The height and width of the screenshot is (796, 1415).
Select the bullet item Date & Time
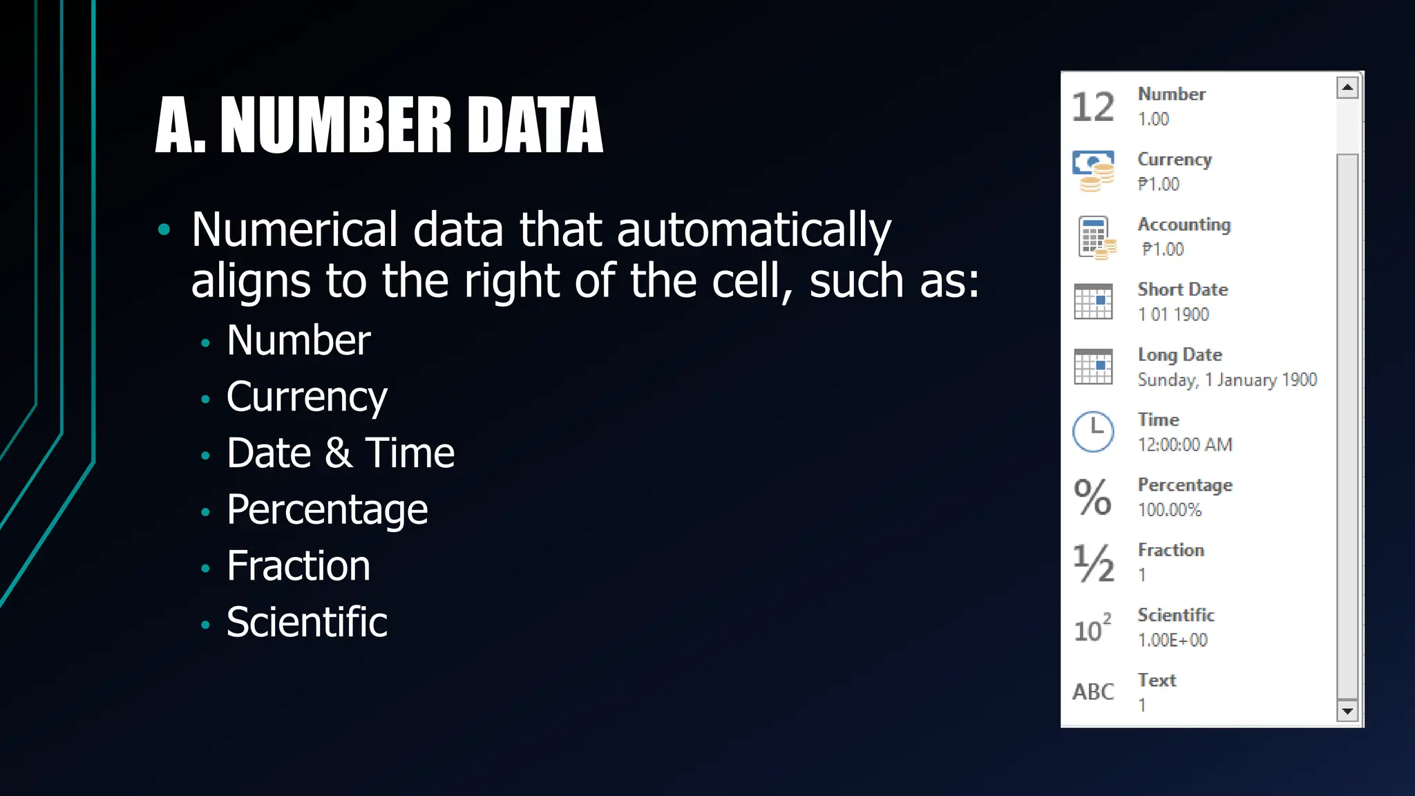[x=340, y=453]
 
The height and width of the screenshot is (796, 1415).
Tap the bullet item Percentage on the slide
[x=327, y=510]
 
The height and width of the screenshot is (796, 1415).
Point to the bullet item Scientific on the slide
[x=307, y=622]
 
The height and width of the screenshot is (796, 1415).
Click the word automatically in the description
[x=754, y=230]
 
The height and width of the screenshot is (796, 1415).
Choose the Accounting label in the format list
[x=1184, y=225]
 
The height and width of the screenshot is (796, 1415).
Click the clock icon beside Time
[x=1093, y=432]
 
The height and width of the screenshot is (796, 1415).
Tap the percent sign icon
[x=1092, y=497]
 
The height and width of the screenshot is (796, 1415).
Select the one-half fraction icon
[x=1093, y=562]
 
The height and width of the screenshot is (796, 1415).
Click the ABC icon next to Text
[x=1093, y=692]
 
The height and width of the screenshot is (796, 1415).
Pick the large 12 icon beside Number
[x=1093, y=107]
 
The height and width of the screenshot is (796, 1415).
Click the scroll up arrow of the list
[x=1347, y=88]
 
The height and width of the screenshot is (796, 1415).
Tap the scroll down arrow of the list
[x=1347, y=710]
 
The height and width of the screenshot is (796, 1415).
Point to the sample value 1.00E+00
[x=1172, y=640]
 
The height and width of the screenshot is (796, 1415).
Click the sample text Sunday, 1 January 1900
[x=1227, y=380]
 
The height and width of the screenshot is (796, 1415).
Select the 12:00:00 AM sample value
[x=1185, y=445]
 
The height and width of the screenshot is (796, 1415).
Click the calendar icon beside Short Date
[x=1093, y=302]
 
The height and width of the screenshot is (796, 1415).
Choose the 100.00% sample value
[x=1170, y=510]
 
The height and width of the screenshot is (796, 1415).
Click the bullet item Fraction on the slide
[x=298, y=566]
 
